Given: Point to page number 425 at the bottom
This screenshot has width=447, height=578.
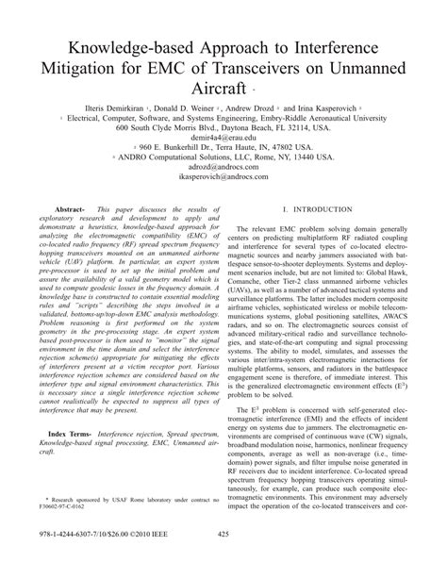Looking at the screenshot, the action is pos(223,564).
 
